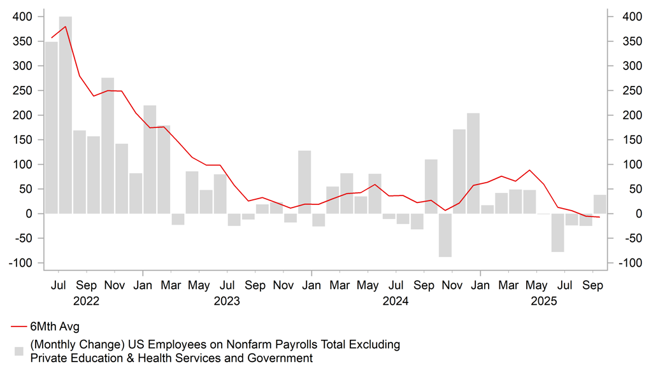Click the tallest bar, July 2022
(x=65, y=115)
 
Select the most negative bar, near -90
(x=445, y=235)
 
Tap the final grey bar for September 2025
(x=599, y=204)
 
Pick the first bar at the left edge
(x=51, y=127)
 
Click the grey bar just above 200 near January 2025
(x=473, y=164)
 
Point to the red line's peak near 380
(x=66, y=27)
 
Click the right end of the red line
(x=599, y=218)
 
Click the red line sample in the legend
(x=18, y=327)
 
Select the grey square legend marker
(x=19, y=351)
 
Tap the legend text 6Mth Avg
(x=55, y=327)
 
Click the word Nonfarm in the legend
(x=262, y=344)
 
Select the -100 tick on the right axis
(x=627, y=263)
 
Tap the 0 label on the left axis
(x=29, y=214)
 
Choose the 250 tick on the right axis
(x=627, y=90)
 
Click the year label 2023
(x=227, y=300)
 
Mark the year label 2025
(x=544, y=300)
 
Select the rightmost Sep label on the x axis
(x=593, y=286)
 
